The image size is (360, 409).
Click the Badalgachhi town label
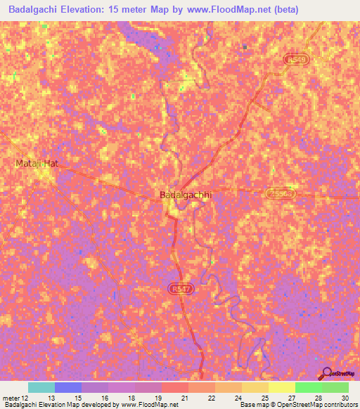186,195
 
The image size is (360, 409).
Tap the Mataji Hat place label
36,163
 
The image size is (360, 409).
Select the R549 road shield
297,61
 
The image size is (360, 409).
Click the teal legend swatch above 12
41,387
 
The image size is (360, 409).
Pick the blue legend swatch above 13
67,387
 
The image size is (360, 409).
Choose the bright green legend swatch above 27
308,387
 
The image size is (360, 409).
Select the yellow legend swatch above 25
255,387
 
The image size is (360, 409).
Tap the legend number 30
344,398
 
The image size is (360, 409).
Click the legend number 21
185,398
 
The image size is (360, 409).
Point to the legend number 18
131,398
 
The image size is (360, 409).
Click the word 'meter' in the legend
12,398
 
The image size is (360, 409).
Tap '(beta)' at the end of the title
288,10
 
